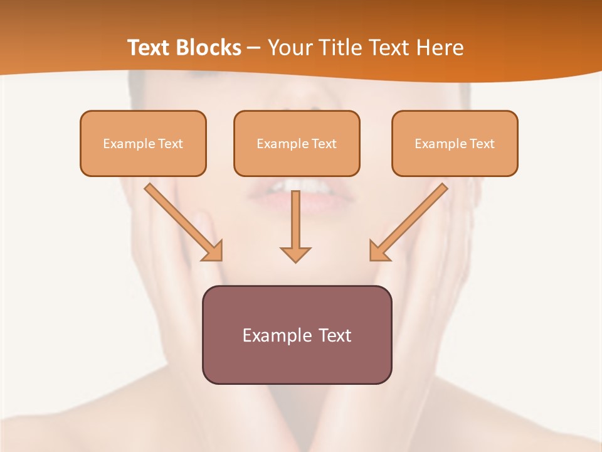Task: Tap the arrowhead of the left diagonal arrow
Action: pyautogui.click(x=214, y=251)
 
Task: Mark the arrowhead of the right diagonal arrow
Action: pyautogui.click(x=378, y=251)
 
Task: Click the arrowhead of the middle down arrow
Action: pyautogui.click(x=295, y=254)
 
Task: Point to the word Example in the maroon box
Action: pyautogui.click(x=277, y=335)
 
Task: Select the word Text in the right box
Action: pyautogui.click(x=482, y=144)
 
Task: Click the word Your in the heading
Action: pyautogui.click(x=287, y=48)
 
